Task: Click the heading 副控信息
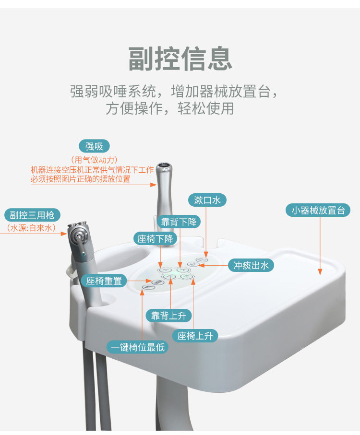[x=180, y=59]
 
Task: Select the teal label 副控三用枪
[x=33, y=215]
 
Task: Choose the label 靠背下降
[x=179, y=222]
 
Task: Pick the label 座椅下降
[x=157, y=238]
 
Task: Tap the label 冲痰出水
[x=251, y=265]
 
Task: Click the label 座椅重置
[x=104, y=281]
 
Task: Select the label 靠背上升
[x=168, y=315]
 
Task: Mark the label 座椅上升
[x=195, y=336]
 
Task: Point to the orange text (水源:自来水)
[x=31, y=228]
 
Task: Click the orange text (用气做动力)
[x=95, y=160]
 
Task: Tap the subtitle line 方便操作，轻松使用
[x=170, y=108]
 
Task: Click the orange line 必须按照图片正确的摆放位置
[x=81, y=179]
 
